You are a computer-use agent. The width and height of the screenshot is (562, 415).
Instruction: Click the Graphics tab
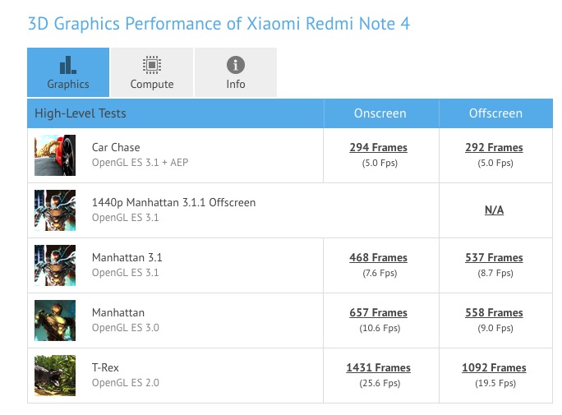click(x=68, y=72)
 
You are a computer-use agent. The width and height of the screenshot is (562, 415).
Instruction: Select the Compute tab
click(x=152, y=72)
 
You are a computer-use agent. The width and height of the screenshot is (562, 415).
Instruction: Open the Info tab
click(x=236, y=72)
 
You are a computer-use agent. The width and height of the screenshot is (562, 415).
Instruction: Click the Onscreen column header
click(x=380, y=113)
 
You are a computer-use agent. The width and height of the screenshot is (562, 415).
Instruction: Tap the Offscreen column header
click(x=495, y=113)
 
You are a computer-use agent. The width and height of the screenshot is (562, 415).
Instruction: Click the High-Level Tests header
click(x=81, y=113)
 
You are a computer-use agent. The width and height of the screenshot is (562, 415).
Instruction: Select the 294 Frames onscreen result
click(x=379, y=148)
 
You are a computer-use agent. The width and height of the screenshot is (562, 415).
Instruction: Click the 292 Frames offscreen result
click(x=495, y=148)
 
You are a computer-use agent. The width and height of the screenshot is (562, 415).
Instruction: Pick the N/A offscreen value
click(x=494, y=210)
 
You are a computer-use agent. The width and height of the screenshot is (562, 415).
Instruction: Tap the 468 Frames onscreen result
click(x=379, y=258)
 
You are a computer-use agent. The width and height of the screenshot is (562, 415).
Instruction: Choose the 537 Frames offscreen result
click(x=495, y=258)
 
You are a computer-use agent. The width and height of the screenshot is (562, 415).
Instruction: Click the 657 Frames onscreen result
click(x=379, y=313)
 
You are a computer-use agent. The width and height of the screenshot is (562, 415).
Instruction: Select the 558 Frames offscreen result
click(x=495, y=313)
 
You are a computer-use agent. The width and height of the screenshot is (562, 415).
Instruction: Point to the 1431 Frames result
click(x=379, y=368)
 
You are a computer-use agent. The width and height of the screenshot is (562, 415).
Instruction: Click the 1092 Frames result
click(x=495, y=368)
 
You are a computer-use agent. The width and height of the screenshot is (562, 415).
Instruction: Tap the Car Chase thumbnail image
click(x=55, y=155)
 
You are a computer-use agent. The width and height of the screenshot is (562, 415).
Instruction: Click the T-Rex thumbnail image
click(x=55, y=376)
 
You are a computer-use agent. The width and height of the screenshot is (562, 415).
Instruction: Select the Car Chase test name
click(x=116, y=148)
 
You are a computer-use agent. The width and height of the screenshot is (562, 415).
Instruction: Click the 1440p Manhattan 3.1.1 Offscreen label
click(x=173, y=202)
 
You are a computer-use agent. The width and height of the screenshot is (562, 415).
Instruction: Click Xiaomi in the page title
click(x=273, y=23)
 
